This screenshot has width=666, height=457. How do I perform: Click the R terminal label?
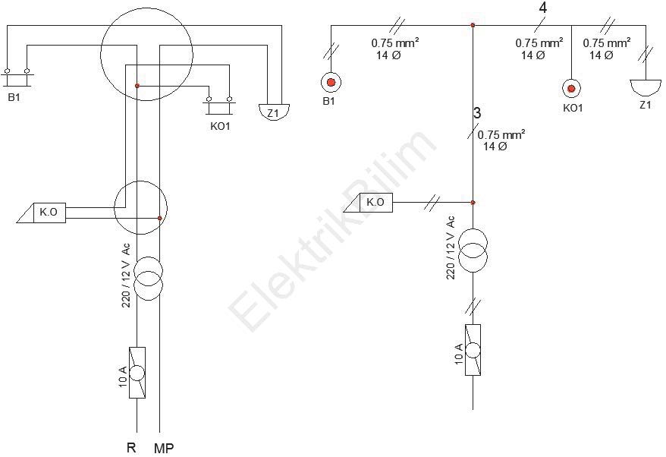(131, 447)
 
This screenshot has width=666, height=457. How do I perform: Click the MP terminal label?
(164, 448)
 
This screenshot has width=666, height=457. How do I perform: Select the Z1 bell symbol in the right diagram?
(646, 87)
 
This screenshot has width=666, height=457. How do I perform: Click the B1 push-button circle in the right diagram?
(331, 83)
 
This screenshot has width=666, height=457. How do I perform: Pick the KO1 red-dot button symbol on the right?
(571, 88)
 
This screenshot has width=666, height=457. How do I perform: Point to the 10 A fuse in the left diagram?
(137, 373)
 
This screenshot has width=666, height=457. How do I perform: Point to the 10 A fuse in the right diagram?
(473, 350)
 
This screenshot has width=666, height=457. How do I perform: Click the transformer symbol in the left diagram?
(148, 279)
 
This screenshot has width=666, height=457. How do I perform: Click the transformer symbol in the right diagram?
(473, 251)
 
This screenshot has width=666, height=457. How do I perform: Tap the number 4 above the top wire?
(542, 8)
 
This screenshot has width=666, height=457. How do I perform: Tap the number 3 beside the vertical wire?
(477, 113)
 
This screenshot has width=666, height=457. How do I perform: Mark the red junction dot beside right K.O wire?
(473, 203)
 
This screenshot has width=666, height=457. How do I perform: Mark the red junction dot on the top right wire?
(473, 26)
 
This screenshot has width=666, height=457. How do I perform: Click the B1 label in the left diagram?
(14, 97)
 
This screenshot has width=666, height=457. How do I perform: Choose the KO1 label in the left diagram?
(220, 126)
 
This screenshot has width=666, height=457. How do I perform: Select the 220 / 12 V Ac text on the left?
(127, 276)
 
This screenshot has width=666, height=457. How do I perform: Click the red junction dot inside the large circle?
(137, 86)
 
